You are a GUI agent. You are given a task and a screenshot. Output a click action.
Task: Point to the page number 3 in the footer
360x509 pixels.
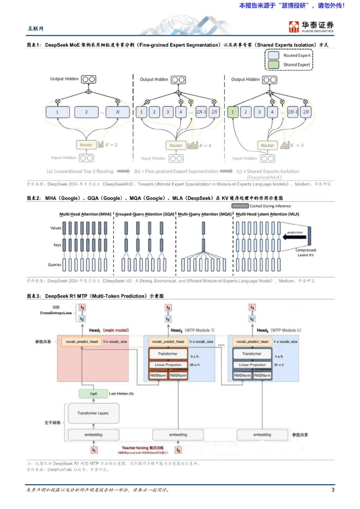point(333,490)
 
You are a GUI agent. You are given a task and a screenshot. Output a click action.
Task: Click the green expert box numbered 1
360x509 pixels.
point(232,112)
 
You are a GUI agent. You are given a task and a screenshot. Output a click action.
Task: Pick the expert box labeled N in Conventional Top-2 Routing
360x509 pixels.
point(117,112)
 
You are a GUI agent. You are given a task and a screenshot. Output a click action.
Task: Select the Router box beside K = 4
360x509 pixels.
point(176,145)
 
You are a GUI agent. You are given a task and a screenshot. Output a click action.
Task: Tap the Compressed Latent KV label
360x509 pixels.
point(306,253)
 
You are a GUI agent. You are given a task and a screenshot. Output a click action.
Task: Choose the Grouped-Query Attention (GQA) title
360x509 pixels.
point(144,214)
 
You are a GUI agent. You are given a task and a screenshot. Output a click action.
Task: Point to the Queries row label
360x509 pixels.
point(55,265)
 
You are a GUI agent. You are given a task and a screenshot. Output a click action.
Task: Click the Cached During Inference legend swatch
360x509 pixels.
point(240,205)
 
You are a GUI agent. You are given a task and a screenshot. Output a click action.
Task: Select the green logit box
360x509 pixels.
point(93,394)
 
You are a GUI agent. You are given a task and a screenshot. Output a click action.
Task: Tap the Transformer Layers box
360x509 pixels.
point(93,413)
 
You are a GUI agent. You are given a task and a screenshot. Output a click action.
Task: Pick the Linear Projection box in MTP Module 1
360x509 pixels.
point(168,365)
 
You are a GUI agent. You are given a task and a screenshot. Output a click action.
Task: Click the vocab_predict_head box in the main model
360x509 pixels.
point(81,342)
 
